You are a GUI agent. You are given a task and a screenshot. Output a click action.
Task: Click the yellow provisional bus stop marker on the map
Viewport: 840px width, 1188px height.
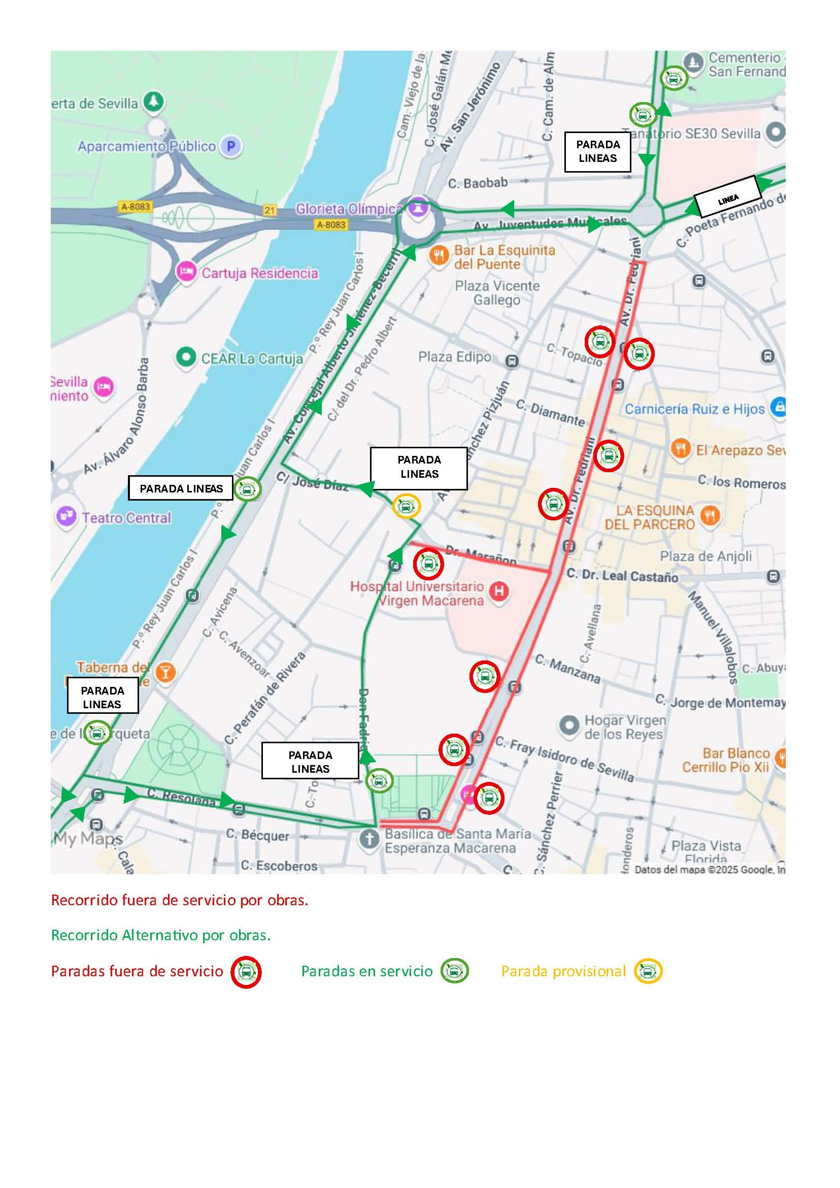click(x=406, y=506)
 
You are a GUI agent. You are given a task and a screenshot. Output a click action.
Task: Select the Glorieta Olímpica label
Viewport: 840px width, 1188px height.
click(x=349, y=209)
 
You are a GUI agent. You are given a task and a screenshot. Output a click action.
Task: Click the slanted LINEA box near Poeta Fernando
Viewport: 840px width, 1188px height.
click(x=728, y=196)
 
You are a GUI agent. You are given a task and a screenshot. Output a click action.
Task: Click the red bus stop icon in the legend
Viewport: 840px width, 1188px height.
click(x=246, y=972)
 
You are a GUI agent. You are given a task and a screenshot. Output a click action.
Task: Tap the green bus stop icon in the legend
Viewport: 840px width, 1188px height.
click(x=455, y=971)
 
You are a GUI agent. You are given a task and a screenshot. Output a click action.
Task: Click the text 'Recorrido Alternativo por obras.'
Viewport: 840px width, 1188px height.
click(x=161, y=936)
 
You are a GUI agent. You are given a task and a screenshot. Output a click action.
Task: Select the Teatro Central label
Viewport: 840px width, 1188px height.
click(x=126, y=518)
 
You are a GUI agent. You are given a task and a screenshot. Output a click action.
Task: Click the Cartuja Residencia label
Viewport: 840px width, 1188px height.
click(x=260, y=273)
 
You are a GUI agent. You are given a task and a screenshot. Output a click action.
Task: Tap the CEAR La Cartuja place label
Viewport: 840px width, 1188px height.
click(x=252, y=358)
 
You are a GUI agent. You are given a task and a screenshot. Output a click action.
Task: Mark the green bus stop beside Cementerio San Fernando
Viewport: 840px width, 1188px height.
click(x=674, y=79)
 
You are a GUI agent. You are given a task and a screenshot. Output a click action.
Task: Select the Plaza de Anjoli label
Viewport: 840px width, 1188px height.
click(x=705, y=556)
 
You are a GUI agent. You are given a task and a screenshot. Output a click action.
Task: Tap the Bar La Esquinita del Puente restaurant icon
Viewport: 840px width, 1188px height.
click(x=439, y=255)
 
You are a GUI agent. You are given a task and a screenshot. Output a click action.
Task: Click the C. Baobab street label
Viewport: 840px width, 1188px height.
click(x=478, y=183)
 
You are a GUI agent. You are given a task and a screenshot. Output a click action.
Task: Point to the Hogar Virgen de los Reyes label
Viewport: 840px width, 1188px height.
click(x=625, y=727)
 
